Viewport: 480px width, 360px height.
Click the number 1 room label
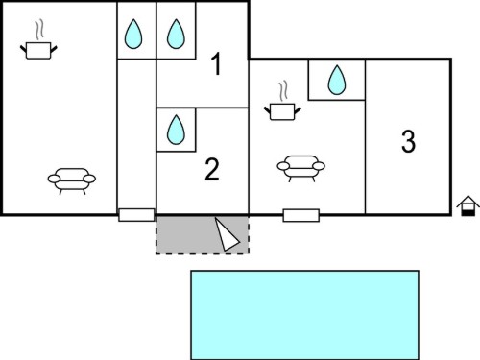coord(217,64)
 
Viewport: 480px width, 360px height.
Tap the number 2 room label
coord(212,170)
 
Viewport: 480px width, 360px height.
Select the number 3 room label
coord(408,141)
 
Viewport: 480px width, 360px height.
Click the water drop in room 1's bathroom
coord(176,34)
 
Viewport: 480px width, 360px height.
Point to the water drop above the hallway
coord(133,34)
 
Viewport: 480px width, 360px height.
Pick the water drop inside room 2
coord(176,130)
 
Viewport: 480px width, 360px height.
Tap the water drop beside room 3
coord(337,80)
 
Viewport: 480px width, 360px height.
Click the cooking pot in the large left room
coord(38,51)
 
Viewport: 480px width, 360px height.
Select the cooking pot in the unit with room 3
coord(282,111)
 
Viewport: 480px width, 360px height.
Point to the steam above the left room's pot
coord(39,30)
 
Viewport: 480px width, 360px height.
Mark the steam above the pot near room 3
coord(283,91)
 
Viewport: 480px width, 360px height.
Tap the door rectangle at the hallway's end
coord(136,215)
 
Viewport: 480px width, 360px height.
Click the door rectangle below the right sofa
coord(301,215)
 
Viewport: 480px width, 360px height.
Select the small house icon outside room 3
coord(468,205)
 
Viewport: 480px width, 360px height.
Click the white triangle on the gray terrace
coord(227,235)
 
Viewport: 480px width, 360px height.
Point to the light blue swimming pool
coord(305,315)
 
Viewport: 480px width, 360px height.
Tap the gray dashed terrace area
coord(203,235)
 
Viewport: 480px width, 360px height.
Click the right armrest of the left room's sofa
coord(89,179)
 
